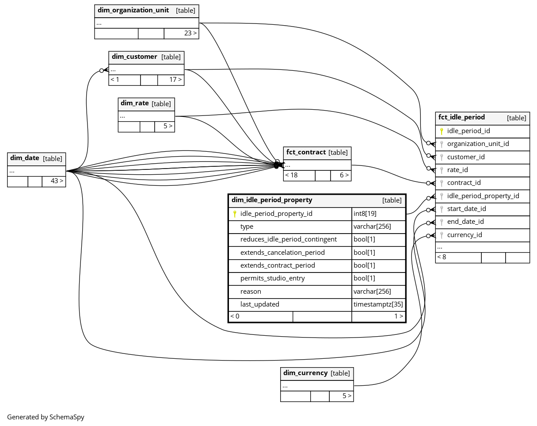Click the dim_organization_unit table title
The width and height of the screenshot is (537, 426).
(x=133, y=10)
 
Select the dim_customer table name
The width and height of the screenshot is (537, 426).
(x=134, y=57)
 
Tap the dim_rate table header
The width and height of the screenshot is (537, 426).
(x=135, y=103)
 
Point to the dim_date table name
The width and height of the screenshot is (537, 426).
(x=25, y=158)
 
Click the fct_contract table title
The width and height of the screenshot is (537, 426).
(x=306, y=152)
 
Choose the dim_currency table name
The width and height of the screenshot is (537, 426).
(x=305, y=373)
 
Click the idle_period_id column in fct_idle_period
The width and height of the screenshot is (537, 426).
(x=468, y=131)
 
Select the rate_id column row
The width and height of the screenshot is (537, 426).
(x=457, y=170)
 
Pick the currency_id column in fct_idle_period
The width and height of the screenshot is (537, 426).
(x=465, y=235)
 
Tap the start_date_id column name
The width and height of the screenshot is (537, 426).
(x=466, y=209)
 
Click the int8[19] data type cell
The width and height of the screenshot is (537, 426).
(x=365, y=214)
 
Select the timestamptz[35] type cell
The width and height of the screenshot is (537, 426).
(x=378, y=304)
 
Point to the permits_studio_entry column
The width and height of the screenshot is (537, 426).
(x=272, y=278)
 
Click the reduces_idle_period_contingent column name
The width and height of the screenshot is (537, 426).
(x=288, y=239)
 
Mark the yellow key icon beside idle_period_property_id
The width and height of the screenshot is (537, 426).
(x=235, y=214)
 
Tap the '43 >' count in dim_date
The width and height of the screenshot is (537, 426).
(x=57, y=181)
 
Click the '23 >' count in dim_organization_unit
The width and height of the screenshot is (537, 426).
(x=190, y=33)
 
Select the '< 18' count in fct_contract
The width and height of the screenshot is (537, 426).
(x=291, y=175)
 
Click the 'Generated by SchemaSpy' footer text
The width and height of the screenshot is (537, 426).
(x=46, y=417)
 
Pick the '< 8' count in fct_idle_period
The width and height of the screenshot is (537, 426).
(x=442, y=257)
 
